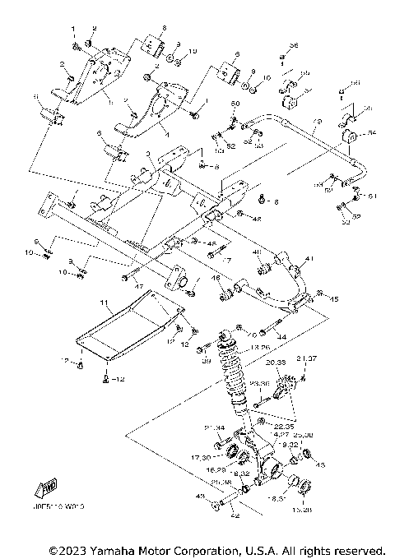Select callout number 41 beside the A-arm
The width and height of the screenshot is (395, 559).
[x=310, y=259]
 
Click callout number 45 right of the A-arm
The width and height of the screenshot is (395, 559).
[x=334, y=300]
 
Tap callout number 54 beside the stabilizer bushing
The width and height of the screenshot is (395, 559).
[x=371, y=132]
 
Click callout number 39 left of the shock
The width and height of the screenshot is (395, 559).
[x=206, y=359]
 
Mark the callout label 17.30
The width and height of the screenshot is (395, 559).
[x=200, y=457]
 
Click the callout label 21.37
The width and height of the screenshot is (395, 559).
[x=306, y=358]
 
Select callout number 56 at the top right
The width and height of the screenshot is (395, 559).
[x=294, y=44]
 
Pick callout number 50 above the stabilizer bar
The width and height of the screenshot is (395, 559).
[x=235, y=104]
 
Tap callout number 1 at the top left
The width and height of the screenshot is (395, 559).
[x=73, y=29]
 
